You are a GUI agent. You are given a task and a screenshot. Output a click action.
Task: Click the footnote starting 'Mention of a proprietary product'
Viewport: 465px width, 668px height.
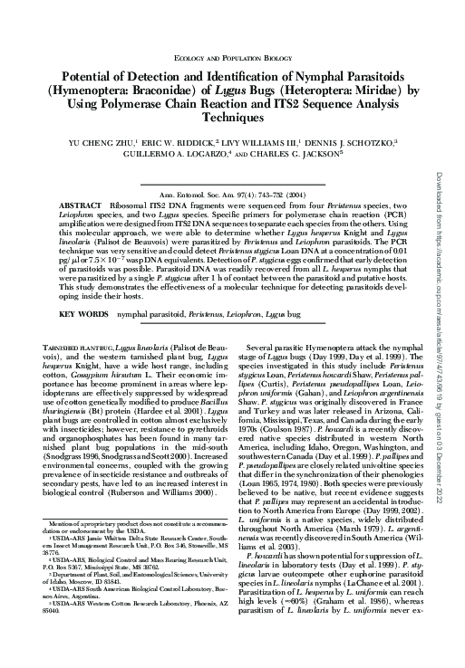coord(127,549)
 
